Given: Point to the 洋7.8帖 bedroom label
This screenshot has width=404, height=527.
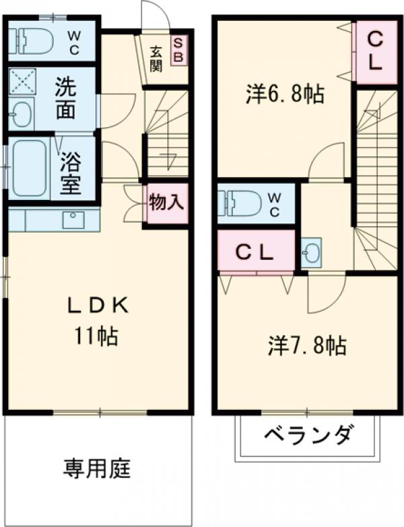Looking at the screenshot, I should click(307, 346).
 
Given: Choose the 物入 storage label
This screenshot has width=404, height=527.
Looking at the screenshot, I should click(166, 203).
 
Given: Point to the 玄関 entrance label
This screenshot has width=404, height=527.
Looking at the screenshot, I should click(156, 58).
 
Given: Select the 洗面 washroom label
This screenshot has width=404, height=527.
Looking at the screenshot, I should click(65, 98).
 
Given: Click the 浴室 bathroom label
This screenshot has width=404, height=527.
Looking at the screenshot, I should click(70, 172).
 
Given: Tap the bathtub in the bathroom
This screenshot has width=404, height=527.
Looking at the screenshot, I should click(27, 169).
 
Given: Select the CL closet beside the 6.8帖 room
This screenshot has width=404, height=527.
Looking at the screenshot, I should click(375, 52).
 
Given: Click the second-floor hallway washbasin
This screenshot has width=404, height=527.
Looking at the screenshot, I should click(312, 254).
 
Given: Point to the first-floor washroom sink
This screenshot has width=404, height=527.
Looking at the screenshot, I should click(22, 114).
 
